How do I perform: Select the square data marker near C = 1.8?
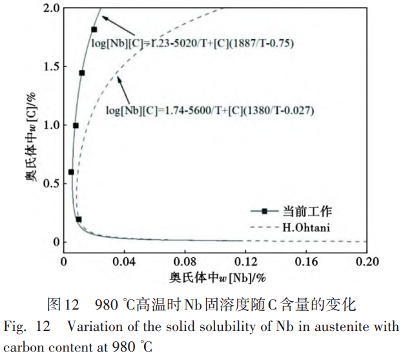coord(94,30)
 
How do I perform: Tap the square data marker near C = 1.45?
coord(82,73)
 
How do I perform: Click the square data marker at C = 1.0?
coord(76,125)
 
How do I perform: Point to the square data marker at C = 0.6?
coord(71,172)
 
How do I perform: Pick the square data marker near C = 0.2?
coord(79,219)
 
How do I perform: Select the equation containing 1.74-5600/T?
coord(210,111)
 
